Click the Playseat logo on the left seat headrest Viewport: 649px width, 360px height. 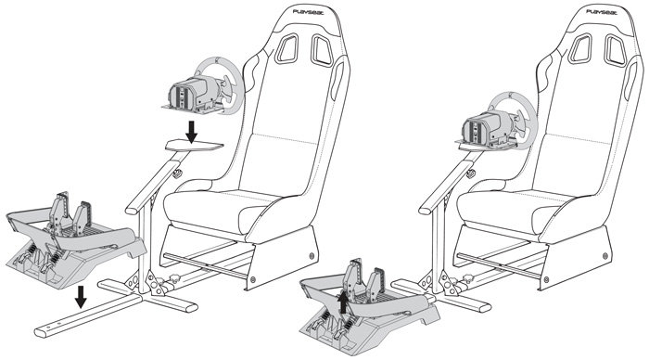click(309, 12)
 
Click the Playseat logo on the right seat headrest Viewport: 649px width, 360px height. click(602, 12)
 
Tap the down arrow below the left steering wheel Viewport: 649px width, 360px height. click(191, 132)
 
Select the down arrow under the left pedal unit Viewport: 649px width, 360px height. click(81, 296)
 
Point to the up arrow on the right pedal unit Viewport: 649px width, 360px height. click(343, 302)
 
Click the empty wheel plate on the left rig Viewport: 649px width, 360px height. click(195, 145)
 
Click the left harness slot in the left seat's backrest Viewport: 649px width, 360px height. click(286, 49)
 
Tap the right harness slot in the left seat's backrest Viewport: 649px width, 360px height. click(322, 50)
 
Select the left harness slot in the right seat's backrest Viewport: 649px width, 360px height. click(580, 49)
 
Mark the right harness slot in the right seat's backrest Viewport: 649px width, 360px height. click(616, 51)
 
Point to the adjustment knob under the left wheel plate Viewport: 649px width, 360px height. click(178, 173)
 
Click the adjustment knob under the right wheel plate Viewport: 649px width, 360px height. click(471, 174)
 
